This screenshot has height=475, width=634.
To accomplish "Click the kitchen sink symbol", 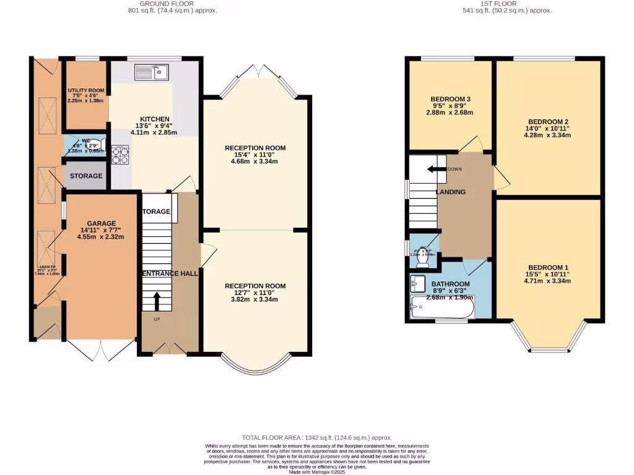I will coord(148,73).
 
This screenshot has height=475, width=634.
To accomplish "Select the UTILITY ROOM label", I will coord(86,91).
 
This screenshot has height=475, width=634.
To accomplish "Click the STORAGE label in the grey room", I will coord(86,176).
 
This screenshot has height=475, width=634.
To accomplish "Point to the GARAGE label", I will coord(102,223).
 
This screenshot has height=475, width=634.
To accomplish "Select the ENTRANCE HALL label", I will coord(170,273).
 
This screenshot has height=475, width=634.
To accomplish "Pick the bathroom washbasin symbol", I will coord(417,284).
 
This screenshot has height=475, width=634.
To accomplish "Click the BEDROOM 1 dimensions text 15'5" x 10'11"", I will coord(547,274).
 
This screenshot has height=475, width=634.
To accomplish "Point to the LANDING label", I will coord(451,192).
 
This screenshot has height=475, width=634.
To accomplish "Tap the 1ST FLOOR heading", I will coord(506,4).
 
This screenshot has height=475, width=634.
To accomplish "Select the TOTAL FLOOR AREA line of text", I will coord(316,438).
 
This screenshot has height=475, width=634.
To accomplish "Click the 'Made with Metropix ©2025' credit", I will coord(316,472).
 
